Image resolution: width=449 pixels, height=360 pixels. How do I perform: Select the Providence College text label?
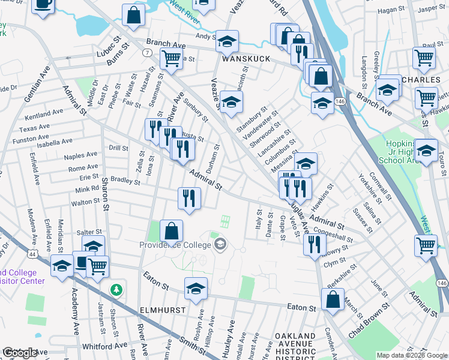[175, 244]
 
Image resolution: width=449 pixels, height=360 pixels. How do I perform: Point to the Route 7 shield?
[147, 54]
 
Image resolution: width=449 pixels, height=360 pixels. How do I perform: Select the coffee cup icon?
[43, 5]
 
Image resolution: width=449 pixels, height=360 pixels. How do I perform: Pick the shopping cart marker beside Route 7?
[172, 59]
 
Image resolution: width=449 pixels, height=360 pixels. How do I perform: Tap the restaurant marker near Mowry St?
[315, 244]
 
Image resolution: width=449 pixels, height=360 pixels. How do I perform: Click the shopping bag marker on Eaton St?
[333, 299]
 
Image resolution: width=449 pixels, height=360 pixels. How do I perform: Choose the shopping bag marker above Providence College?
[172, 230]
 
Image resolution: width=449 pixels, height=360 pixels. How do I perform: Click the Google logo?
[20, 353]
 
